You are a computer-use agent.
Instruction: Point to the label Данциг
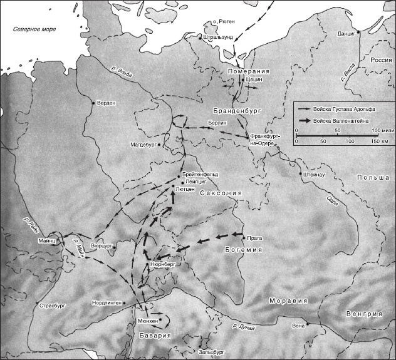(346, 32)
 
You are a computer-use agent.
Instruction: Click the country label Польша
(373, 178)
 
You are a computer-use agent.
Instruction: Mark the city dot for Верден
(93, 103)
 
